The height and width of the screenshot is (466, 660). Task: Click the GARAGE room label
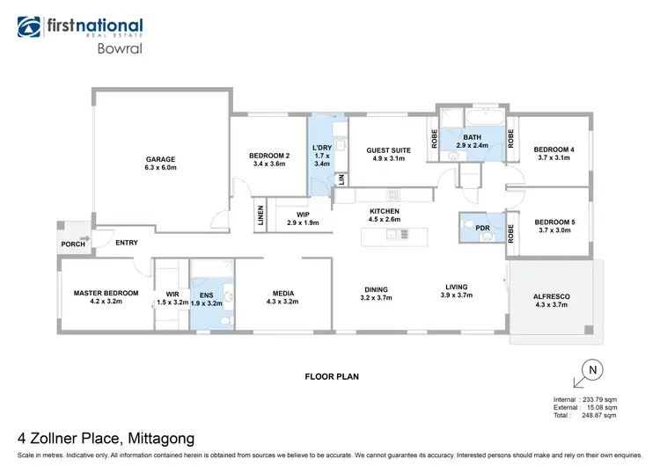[161, 159]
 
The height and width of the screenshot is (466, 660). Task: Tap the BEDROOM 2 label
[268, 156]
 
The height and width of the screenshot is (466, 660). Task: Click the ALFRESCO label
[552, 297]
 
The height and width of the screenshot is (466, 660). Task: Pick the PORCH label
[71, 244]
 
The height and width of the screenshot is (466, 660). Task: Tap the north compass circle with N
[592, 370]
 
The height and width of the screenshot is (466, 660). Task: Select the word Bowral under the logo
[117, 50]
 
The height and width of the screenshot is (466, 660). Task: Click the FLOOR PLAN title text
[332, 375]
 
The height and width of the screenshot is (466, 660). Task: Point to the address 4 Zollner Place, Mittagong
[106, 437]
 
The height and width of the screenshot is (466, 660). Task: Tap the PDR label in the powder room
[482, 228]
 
